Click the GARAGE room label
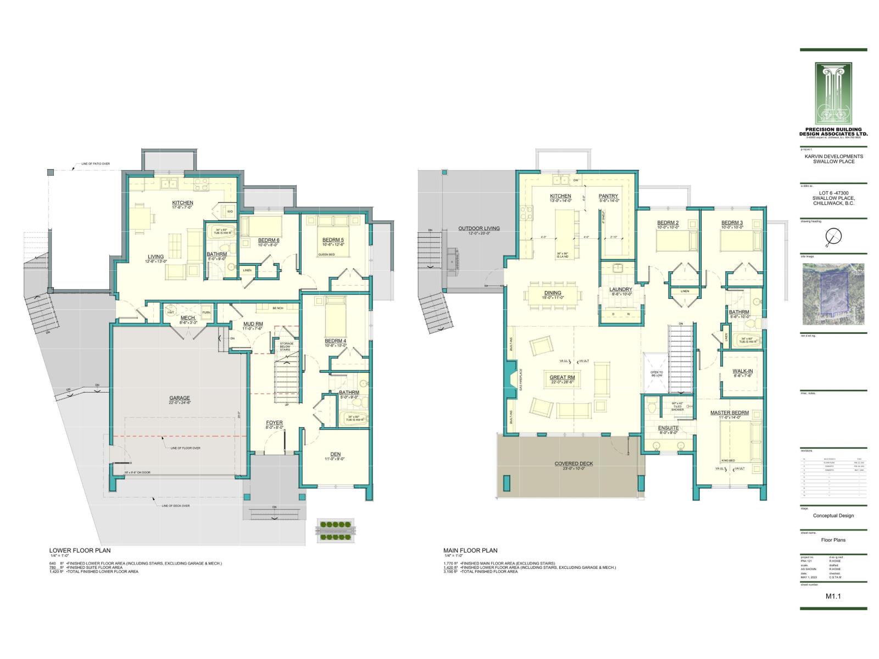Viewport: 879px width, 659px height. click(179, 398)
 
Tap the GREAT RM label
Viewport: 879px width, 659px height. click(562, 377)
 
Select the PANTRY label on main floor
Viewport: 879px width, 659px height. click(608, 196)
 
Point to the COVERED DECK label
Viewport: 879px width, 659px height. click(574, 463)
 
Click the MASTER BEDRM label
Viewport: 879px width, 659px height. click(729, 412)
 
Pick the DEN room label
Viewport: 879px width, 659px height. click(335, 454)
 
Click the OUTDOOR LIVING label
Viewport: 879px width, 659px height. click(480, 228)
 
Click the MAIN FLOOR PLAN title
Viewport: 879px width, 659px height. click(470, 550)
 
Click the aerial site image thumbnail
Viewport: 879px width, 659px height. click(833, 295)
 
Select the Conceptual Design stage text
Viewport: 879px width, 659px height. click(833, 515)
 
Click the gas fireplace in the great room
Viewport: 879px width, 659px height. click(512, 379)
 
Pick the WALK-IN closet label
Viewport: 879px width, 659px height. click(742, 371)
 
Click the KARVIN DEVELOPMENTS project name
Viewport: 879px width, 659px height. click(833, 157)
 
